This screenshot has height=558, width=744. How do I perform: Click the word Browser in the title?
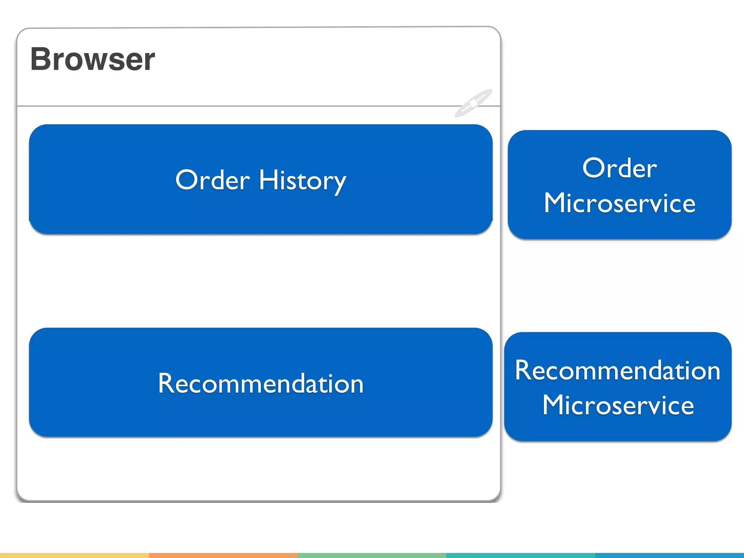point(93,59)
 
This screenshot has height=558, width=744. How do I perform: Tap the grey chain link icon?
point(473,103)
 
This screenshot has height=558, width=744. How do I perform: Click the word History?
point(302,180)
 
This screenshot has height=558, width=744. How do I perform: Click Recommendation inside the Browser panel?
point(260,383)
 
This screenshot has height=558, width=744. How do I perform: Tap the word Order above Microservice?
point(619,168)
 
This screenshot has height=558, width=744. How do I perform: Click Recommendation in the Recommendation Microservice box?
point(618,370)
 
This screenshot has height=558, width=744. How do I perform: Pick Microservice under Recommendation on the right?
point(618,405)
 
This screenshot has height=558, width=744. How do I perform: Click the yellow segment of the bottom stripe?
point(74,555)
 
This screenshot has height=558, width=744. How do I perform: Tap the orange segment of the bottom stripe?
point(223,555)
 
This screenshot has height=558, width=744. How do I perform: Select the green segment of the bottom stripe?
point(372,555)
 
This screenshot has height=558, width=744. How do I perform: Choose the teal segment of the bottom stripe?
point(520,555)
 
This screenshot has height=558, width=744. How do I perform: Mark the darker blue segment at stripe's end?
point(669,555)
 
